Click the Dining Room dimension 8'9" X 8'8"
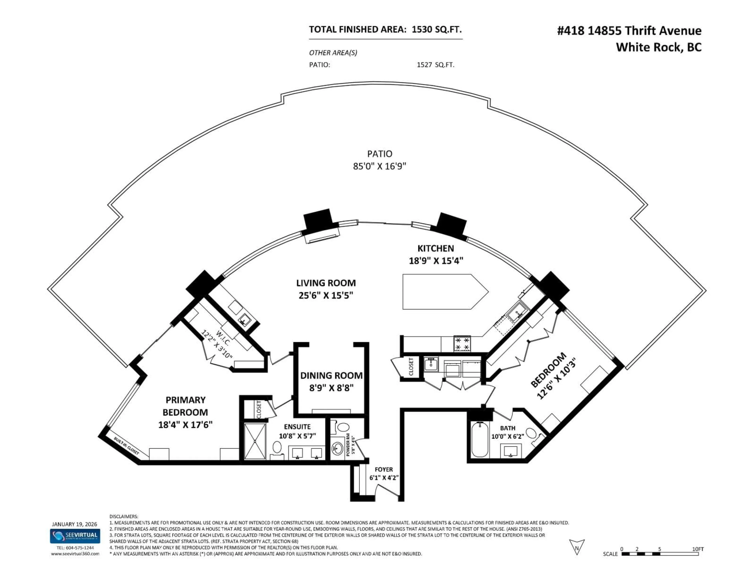coord(331,388)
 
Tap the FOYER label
coord(384,470)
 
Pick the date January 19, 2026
coord(74,524)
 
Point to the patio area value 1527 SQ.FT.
coord(436,65)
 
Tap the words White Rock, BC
coord(658,47)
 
